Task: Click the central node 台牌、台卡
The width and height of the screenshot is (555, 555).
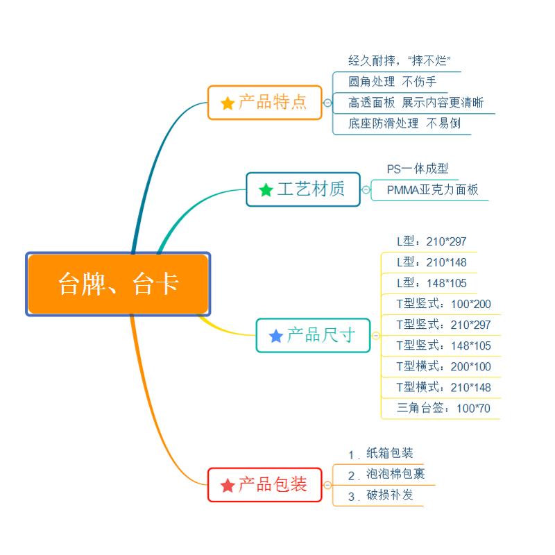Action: [x=118, y=284]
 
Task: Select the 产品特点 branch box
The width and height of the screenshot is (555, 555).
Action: [x=265, y=103]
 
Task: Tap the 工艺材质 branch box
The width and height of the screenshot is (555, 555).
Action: [x=303, y=189]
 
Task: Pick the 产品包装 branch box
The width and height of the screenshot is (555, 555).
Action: [x=265, y=485]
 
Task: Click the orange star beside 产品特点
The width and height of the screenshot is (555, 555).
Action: [x=228, y=103]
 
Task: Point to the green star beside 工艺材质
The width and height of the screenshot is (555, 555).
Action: [x=266, y=190]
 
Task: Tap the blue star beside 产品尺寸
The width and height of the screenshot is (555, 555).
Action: [x=275, y=336]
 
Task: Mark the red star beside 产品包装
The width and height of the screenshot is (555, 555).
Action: [x=228, y=486]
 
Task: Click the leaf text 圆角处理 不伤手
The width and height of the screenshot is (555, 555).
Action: [x=392, y=82]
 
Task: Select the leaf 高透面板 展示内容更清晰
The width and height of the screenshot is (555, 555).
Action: [x=416, y=103]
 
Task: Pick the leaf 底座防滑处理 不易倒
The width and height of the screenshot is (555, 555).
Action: [x=404, y=123]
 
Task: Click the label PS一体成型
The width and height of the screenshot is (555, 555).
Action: [x=418, y=169]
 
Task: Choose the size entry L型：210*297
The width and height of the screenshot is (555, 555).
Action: [x=432, y=242]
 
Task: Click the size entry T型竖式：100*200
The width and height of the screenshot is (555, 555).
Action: [x=443, y=304]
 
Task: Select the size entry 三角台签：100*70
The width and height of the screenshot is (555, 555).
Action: [x=443, y=408]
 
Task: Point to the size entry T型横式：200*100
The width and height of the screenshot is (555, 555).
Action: [x=443, y=366]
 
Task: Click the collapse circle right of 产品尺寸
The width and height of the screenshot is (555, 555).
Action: [x=376, y=336]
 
